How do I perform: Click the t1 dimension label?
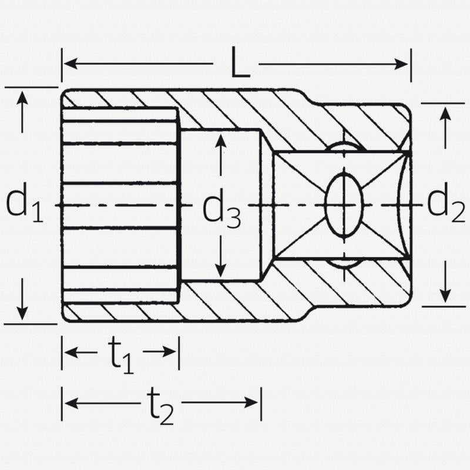pos(121,355)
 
